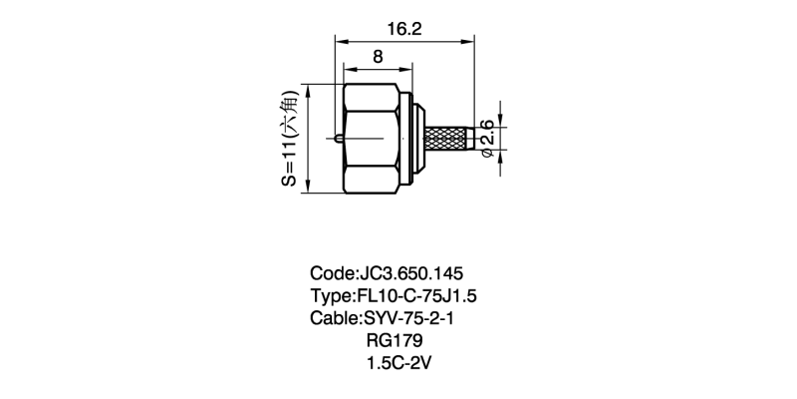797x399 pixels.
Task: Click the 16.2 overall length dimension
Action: (404, 30)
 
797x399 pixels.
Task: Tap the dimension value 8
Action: (377, 57)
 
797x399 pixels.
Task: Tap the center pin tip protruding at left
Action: (339, 137)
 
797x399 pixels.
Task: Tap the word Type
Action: (331, 296)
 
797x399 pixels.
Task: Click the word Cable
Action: (335, 319)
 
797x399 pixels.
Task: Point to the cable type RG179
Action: (397, 342)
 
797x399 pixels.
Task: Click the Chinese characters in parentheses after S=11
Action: (290, 112)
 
